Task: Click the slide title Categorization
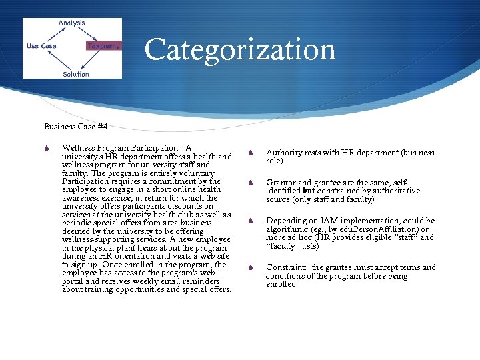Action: (239, 49)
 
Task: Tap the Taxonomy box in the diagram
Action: (104, 46)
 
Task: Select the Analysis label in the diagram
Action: (71, 23)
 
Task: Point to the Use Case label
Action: (41, 46)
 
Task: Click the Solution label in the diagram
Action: (75, 74)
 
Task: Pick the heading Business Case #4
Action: (75, 126)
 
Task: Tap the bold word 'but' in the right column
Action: (309, 191)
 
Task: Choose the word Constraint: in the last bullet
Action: (287, 267)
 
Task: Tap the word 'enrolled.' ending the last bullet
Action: (282, 284)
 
